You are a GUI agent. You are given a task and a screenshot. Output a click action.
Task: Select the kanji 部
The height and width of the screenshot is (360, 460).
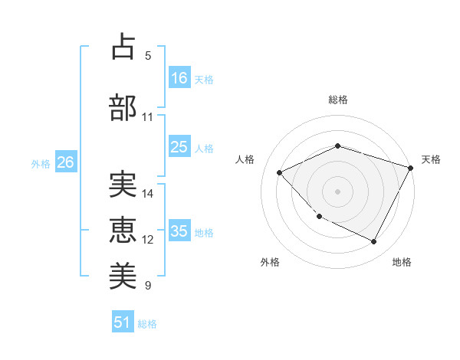coord(123,107)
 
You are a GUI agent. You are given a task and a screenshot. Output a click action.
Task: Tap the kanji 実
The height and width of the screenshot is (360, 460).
coord(123,184)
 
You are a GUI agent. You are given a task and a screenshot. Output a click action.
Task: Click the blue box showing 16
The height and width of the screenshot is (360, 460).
coord(179,77)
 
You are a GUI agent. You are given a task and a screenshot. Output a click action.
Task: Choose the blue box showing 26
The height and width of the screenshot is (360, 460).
coord(66,162)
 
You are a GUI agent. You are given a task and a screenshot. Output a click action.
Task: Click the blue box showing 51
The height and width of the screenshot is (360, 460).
coord(123,322)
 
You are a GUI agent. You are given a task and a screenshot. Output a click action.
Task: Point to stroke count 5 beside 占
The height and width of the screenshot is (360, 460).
coord(148,55)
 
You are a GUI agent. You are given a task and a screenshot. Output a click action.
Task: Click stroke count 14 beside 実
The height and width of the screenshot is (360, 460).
coord(148,194)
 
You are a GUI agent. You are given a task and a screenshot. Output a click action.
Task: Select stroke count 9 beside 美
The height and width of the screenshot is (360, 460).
coord(148,286)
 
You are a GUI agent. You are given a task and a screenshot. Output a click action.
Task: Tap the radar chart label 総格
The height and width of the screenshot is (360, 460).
coord(337,100)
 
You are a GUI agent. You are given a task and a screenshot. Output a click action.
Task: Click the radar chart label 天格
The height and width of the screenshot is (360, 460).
coord(431,159)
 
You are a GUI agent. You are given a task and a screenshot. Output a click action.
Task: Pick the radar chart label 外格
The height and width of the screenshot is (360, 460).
coord(270,262)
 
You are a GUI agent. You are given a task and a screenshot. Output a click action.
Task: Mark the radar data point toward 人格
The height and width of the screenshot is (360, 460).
coord(280,173)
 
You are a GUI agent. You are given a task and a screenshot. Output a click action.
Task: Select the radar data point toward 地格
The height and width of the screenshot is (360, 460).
coord(373,242)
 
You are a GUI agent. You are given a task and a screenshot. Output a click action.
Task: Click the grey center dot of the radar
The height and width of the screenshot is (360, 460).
coord(337,191)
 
